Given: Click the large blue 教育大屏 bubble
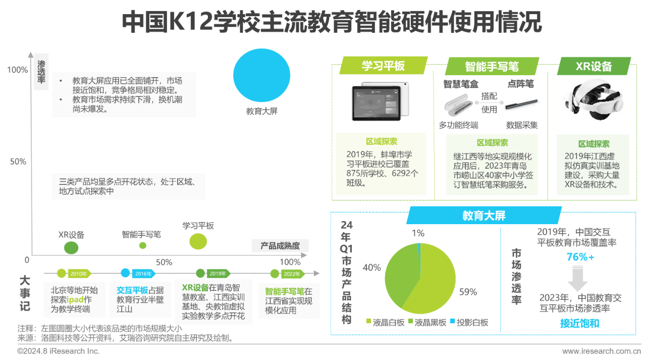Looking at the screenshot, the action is click(261, 75).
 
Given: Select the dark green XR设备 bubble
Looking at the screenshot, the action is click(71, 248).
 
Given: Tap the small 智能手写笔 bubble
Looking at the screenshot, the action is click(143, 245).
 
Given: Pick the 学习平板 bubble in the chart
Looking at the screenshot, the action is click(198, 241).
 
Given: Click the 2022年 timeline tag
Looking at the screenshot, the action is click(292, 274).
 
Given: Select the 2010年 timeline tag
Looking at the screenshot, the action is click(79, 274).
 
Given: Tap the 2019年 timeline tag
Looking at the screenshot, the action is click(218, 274).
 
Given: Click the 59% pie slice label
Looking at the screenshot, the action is click(468, 292).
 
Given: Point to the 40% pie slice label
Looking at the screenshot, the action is click(372, 268).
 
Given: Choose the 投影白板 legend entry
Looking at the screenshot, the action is click(469, 322).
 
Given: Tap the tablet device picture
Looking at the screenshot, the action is click(380, 101).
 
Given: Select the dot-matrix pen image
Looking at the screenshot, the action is click(521, 104).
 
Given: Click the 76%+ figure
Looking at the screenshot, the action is click(580, 256).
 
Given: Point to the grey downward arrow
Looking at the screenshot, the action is click(577, 278).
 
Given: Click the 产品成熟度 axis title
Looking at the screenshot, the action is click(280, 246).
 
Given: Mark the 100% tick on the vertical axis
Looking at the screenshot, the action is click(17, 70).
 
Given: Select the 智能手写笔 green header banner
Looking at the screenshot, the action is click(492, 66).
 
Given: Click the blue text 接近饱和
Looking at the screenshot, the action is click(580, 323).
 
